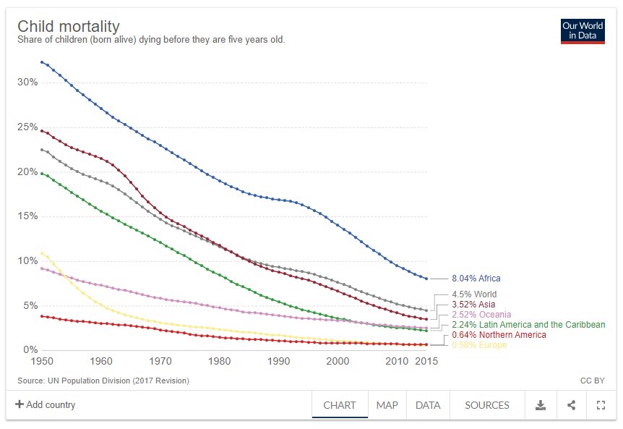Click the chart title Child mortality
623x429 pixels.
(x=69, y=26)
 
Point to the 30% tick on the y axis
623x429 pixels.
(x=27, y=82)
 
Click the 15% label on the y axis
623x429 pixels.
(x=27, y=216)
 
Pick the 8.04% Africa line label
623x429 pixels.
(x=476, y=279)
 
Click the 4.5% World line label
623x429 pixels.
(x=474, y=294)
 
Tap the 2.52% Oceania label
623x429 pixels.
(x=481, y=315)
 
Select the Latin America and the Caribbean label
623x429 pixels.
(x=528, y=325)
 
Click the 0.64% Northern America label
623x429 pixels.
(x=499, y=335)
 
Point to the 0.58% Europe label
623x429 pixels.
(x=479, y=345)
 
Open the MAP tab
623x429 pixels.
(x=387, y=405)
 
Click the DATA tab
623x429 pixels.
(x=428, y=405)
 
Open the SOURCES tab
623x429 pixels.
(x=487, y=405)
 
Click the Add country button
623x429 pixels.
(x=45, y=405)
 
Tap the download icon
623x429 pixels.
(x=540, y=405)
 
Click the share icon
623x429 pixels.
(x=571, y=405)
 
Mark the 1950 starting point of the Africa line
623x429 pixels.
(x=42, y=62)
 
